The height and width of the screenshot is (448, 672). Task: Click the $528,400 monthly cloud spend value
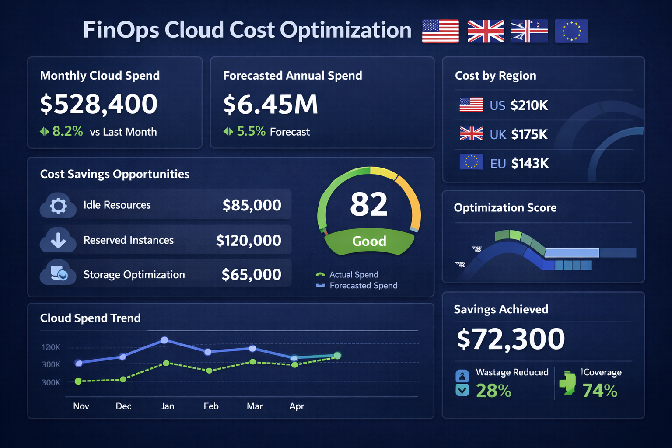click(x=98, y=104)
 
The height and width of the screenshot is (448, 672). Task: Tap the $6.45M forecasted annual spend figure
click(x=270, y=105)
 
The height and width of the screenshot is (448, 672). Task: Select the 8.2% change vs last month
click(x=67, y=131)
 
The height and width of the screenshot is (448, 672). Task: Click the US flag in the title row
click(x=440, y=31)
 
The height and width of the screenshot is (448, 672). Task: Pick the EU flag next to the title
click(x=571, y=31)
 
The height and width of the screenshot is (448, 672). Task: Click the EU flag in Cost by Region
click(x=471, y=162)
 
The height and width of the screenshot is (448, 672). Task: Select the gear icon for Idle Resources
click(x=58, y=205)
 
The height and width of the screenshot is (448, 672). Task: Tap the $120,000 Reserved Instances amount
click(x=248, y=240)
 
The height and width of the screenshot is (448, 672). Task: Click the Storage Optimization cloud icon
click(x=58, y=274)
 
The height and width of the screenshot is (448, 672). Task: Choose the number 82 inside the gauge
click(x=369, y=204)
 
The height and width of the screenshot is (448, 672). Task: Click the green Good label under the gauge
click(x=369, y=241)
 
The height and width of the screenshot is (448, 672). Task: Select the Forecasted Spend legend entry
click(x=363, y=286)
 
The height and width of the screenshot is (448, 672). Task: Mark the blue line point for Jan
click(x=164, y=340)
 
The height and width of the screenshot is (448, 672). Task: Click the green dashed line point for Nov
click(x=78, y=381)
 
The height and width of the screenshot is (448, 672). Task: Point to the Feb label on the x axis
click(x=211, y=406)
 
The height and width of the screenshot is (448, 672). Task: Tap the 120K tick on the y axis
click(x=51, y=347)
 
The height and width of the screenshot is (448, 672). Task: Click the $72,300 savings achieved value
click(x=511, y=339)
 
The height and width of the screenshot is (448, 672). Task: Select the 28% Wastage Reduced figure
click(x=493, y=391)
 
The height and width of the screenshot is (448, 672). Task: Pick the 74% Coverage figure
click(x=600, y=391)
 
